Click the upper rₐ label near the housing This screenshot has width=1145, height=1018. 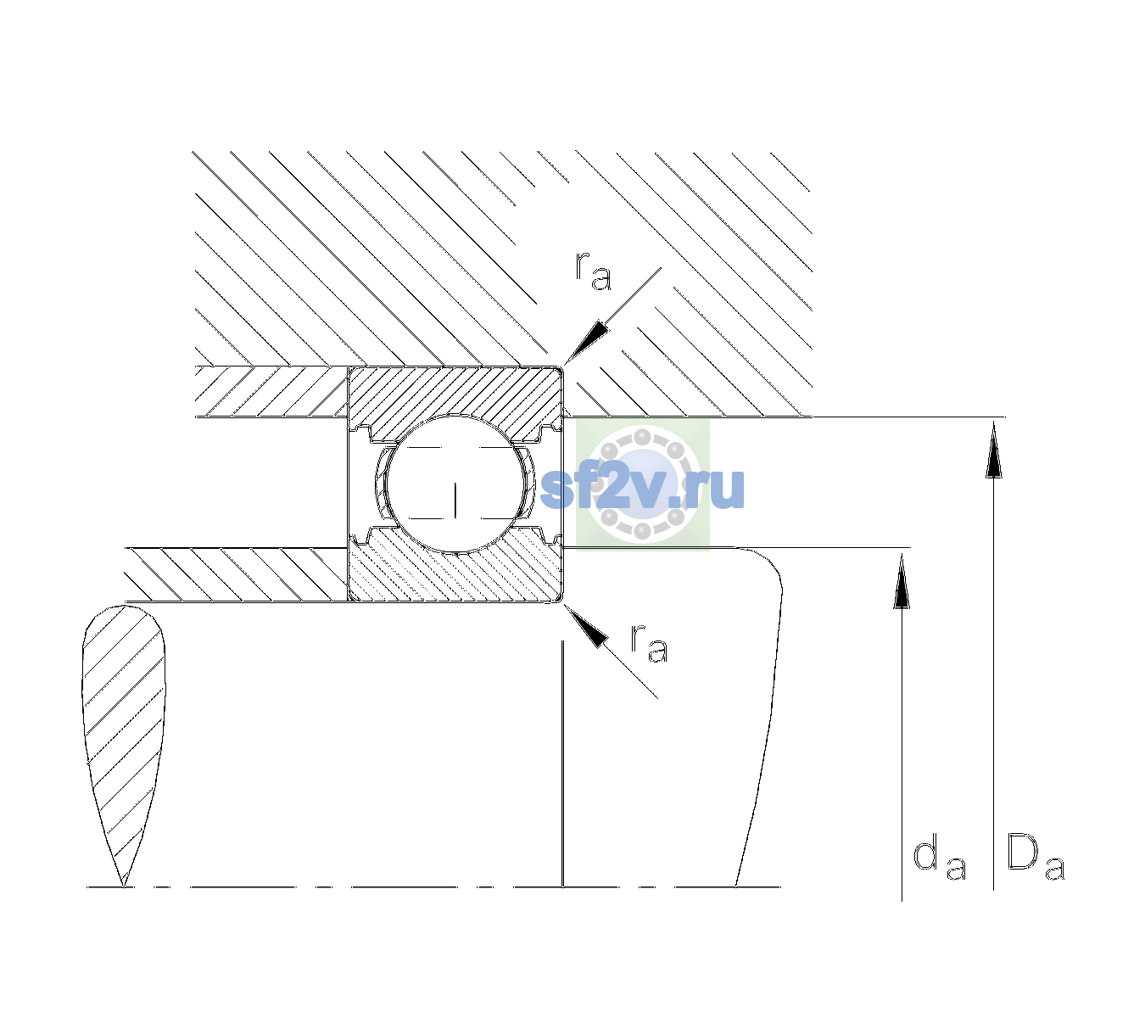point(594,271)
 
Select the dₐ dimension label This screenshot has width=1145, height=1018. point(939,859)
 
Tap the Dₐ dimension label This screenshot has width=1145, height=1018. point(1036,857)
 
